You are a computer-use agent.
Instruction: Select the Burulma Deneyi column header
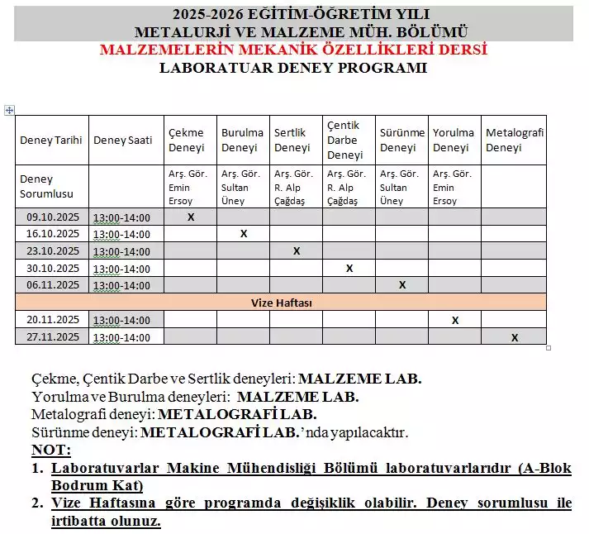(242, 140)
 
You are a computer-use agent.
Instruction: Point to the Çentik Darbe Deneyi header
(344, 140)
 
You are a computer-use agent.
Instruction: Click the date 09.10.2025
(51, 217)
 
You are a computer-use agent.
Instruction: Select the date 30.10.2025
(51, 268)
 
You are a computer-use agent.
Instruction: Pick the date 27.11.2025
(51, 336)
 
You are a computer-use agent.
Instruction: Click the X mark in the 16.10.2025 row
(244, 234)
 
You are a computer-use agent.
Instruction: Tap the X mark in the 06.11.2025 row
(402, 285)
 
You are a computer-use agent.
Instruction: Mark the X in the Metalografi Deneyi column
(515, 337)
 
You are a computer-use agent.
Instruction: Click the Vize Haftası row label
(281, 303)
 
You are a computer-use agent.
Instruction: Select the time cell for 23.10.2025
(122, 251)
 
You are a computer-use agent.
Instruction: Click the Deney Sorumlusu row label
(47, 186)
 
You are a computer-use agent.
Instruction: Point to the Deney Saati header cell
(122, 140)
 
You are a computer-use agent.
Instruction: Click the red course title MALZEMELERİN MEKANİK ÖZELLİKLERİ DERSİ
(293, 50)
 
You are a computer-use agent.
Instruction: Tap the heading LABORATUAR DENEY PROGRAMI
(293, 68)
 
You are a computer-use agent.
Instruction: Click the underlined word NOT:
(51, 450)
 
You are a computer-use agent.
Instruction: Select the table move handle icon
(9, 109)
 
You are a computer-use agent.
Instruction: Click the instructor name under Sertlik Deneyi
(292, 187)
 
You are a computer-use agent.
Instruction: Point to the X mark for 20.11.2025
(455, 320)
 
